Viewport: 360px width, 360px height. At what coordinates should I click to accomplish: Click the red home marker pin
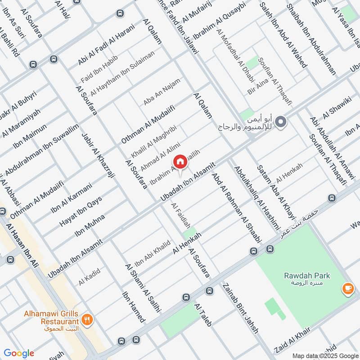[x=180, y=161]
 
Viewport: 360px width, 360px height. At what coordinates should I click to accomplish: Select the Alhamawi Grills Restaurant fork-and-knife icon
[x=87, y=320]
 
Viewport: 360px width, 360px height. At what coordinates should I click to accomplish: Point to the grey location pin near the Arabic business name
[x=281, y=121]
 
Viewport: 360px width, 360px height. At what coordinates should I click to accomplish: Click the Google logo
[x=19, y=353]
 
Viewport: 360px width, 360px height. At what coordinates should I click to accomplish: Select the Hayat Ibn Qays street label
[x=81, y=211]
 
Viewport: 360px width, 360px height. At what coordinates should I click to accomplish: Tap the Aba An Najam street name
[x=162, y=92]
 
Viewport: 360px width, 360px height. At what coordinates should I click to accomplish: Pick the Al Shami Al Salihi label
[x=143, y=288]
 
